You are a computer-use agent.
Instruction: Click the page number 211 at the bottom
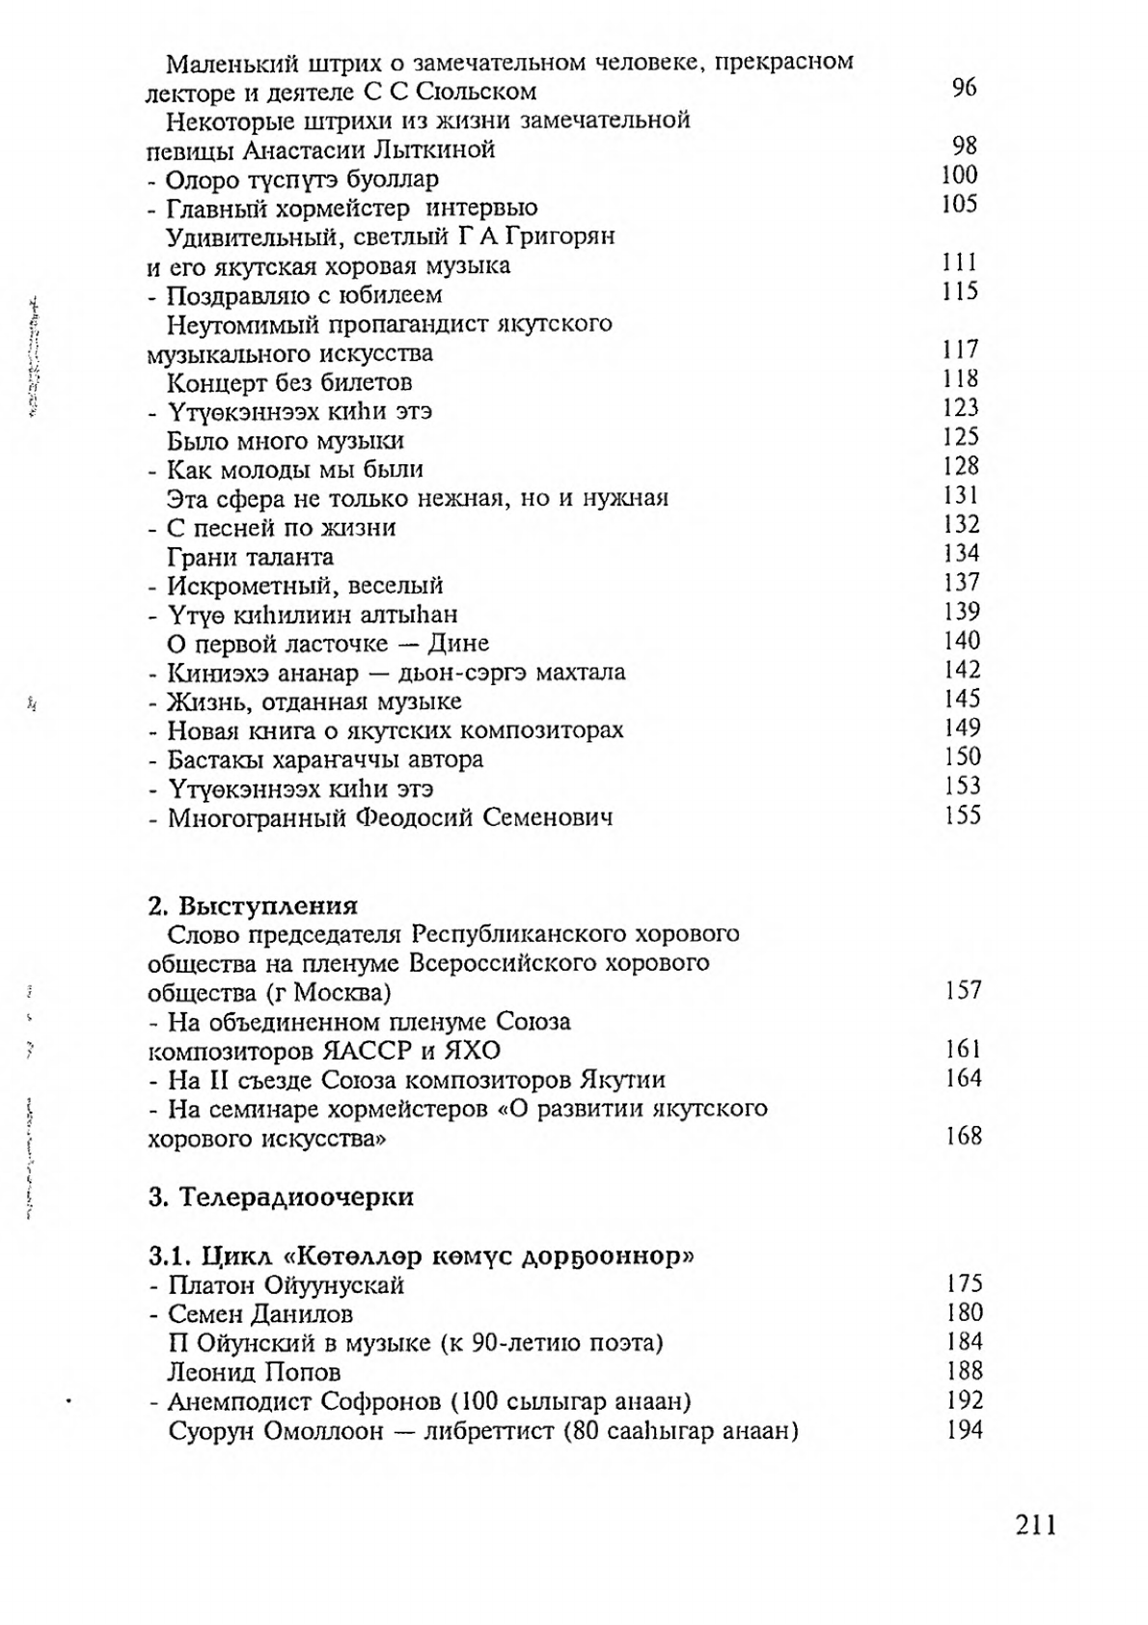tap(1036, 1525)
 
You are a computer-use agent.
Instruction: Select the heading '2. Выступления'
tap(253, 906)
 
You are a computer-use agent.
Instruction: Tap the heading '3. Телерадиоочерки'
tap(281, 1198)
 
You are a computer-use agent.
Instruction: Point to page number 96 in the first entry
tap(964, 89)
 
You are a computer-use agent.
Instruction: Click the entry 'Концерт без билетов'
tap(289, 382)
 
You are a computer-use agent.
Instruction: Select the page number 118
tap(961, 378)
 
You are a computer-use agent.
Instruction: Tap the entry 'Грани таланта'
tap(250, 557)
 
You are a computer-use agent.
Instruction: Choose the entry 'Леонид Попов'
tap(254, 1371)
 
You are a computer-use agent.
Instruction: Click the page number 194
tap(965, 1429)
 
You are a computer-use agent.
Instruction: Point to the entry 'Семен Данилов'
tap(260, 1313)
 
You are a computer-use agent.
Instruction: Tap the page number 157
tap(964, 990)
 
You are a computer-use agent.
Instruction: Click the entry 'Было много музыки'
tap(286, 441)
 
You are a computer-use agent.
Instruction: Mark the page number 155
tap(963, 815)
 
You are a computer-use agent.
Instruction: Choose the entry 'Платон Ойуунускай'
tap(286, 1284)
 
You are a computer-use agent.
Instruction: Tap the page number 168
tap(964, 1136)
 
